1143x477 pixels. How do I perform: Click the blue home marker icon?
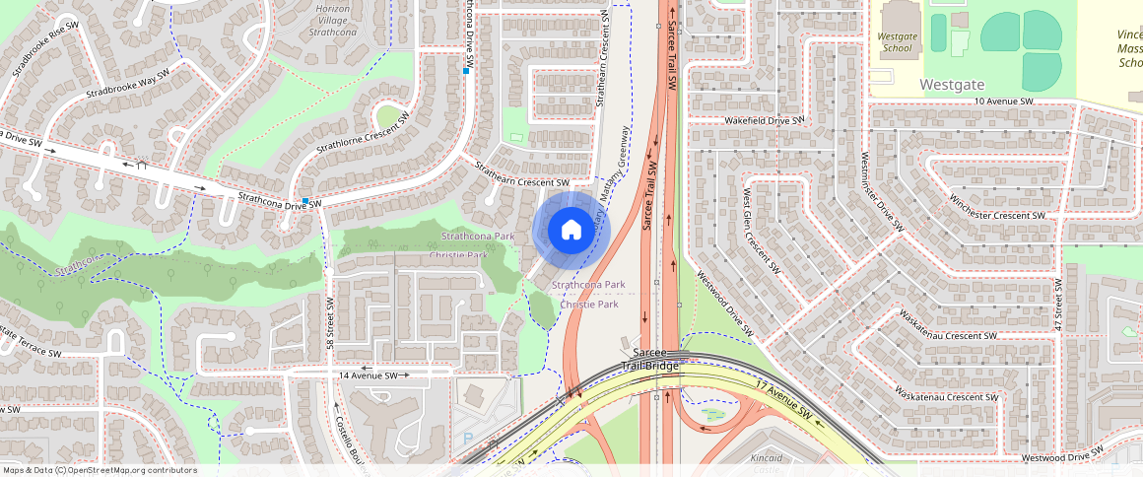coord(571,231)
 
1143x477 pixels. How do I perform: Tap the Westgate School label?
coord(897,41)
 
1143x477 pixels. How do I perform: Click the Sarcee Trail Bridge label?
coord(650,359)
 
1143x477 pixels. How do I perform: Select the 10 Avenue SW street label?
coord(1003,102)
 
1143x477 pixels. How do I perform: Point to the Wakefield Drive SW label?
coord(765,120)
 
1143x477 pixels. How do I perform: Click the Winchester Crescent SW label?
coord(995,207)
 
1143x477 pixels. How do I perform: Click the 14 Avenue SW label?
coord(368,375)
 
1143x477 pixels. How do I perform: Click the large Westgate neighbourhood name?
coord(952,85)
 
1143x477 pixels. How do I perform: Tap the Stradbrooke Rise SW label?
coord(42,47)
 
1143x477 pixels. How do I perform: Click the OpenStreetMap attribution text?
coord(99,470)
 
